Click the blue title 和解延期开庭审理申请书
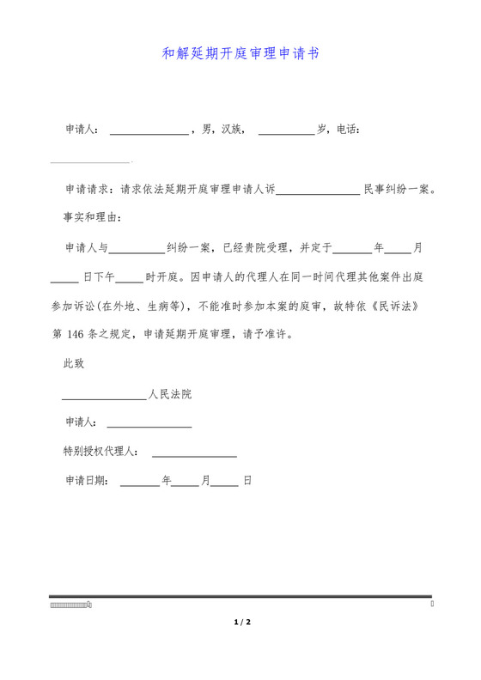[240, 53]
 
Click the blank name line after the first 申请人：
[149, 131]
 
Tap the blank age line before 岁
[286, 131]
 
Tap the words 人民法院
[170, 395]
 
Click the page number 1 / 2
[241, 621]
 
